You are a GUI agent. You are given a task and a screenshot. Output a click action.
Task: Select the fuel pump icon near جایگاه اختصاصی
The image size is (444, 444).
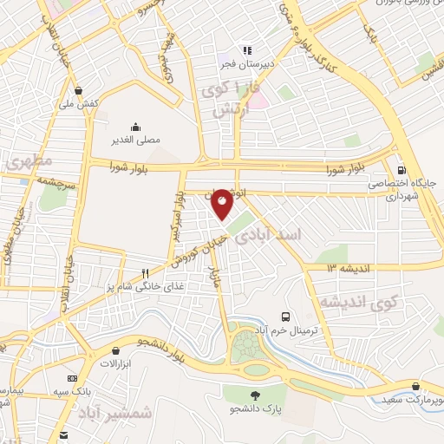[x=400, y=170]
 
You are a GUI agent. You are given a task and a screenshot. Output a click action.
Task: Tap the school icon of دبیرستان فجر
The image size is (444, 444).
[x=246, y=50]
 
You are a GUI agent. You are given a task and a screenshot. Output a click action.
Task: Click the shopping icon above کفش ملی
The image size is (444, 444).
[x=79, y=90]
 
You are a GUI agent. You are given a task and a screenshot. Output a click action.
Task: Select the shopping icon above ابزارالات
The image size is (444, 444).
[x=116, y=350]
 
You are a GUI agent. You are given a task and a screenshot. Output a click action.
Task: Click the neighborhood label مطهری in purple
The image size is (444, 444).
[x=29, y=161]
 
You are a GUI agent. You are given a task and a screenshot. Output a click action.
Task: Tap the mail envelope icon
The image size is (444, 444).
[x=63, y=434]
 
